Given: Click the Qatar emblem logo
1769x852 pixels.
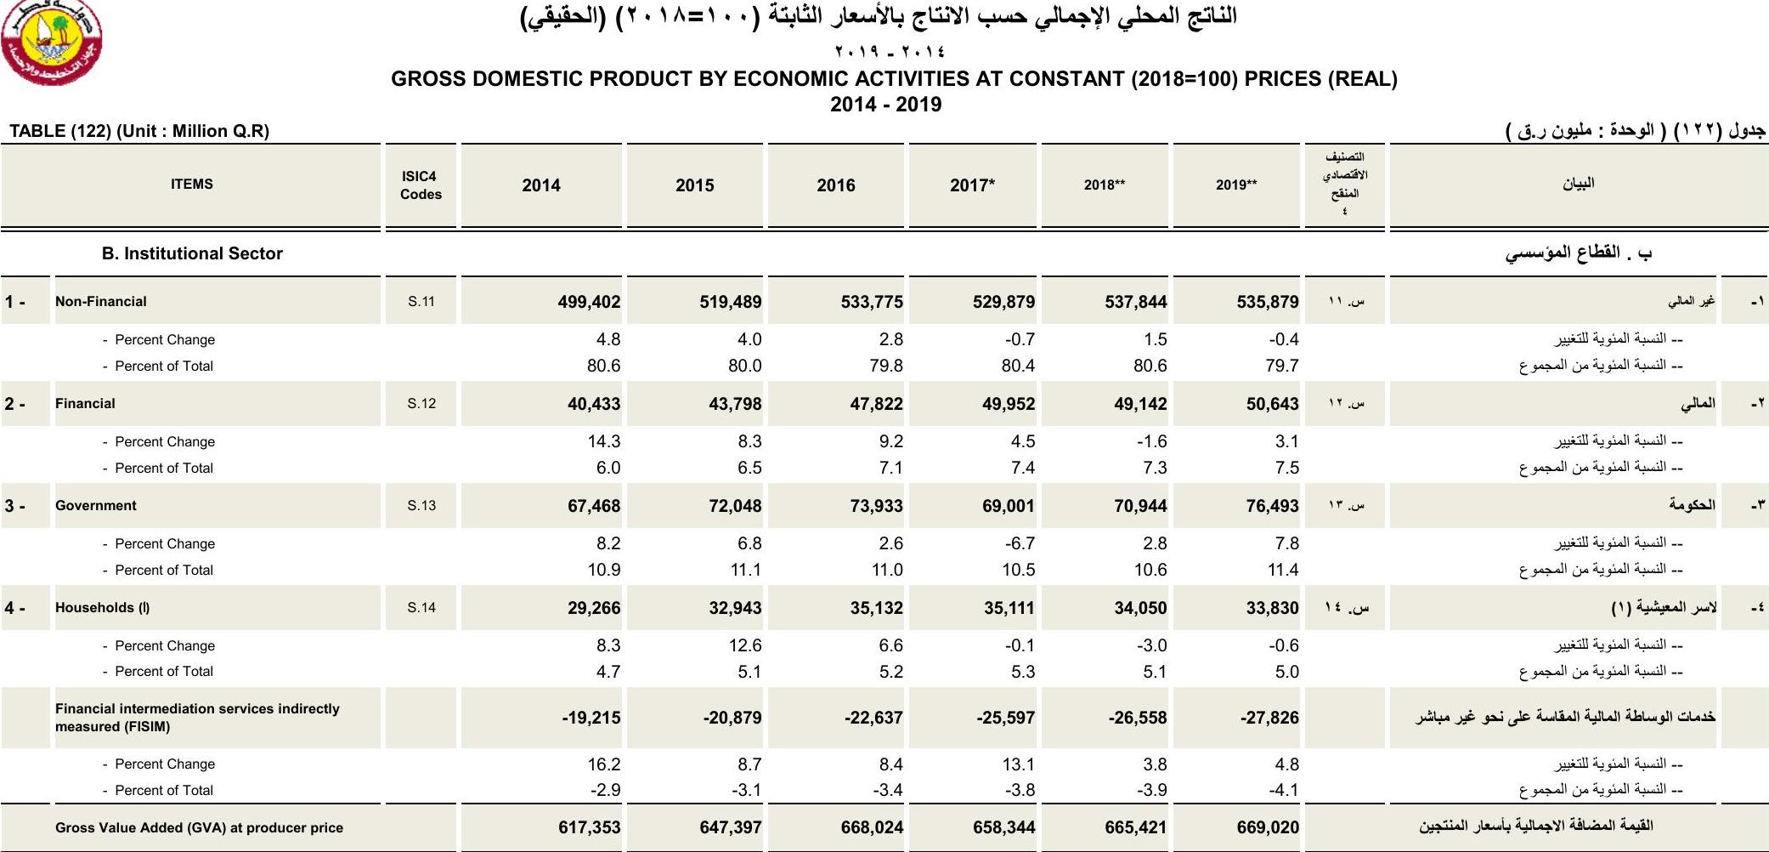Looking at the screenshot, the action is coord(51,42).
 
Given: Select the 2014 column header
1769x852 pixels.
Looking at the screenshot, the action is coord(541,185).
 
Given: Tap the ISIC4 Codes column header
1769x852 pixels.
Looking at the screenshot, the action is coord(421,185).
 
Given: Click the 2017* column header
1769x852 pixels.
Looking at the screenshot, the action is coord(972,185).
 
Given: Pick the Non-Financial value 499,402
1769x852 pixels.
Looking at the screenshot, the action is coord(589,302).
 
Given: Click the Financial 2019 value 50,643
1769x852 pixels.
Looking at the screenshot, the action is coord(1272,404).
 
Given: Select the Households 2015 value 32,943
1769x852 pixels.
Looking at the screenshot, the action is coord(735,608).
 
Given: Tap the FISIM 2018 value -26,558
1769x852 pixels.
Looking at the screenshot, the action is coord(1137,718).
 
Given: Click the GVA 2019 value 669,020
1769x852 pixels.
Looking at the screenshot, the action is coord(1268,827).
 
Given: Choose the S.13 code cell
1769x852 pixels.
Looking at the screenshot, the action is coord(421,506).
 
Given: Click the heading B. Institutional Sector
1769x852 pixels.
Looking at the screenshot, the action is coord(192,253).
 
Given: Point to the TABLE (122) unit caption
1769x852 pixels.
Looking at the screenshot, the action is coord(139,131).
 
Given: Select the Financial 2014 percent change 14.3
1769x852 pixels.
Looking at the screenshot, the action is coord(604,441).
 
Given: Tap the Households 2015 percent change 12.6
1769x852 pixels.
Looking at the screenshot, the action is coord(745,645).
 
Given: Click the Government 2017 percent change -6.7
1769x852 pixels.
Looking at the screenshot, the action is coord(1020,543).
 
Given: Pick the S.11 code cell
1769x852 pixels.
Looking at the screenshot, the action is coord(421,302).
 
